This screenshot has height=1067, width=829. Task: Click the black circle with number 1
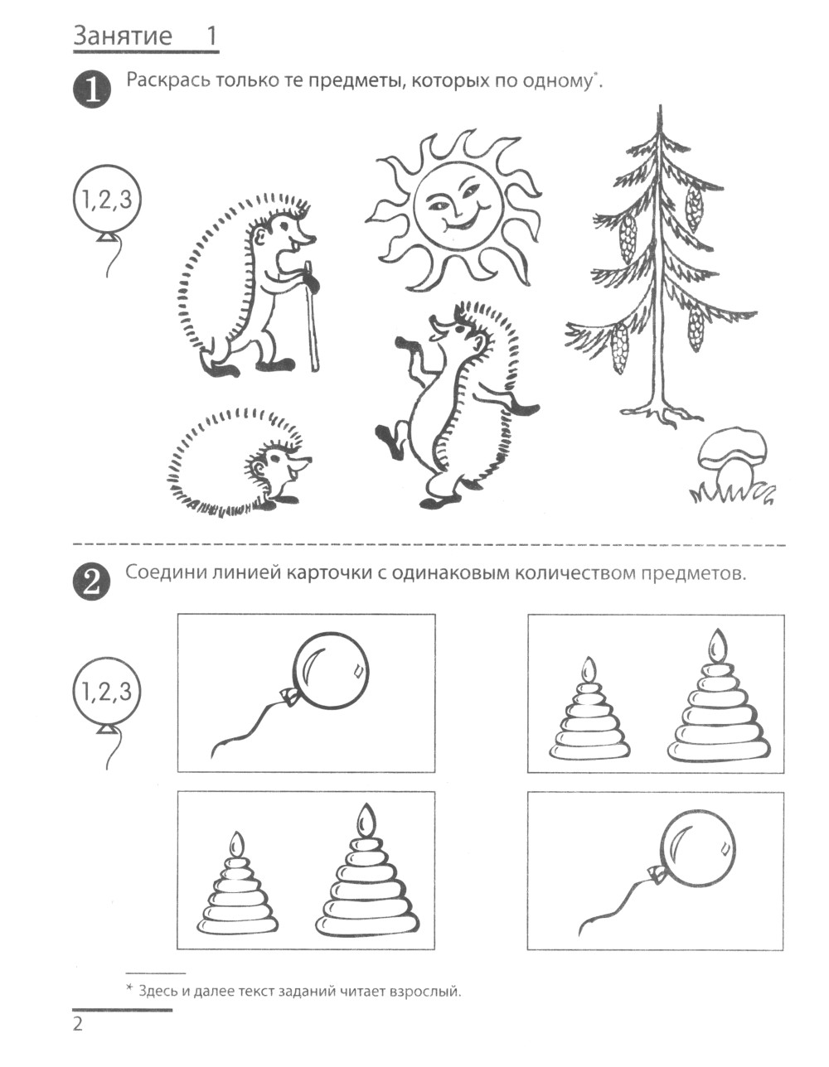[x=92, y=89]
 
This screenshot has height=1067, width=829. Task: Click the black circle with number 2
[x=92, y=582]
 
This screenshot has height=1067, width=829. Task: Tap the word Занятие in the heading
[x=123, y=36]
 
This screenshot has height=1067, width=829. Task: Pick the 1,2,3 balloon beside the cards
[x=106, y=693]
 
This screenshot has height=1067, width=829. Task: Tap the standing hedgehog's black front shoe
[x=220, y=369]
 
